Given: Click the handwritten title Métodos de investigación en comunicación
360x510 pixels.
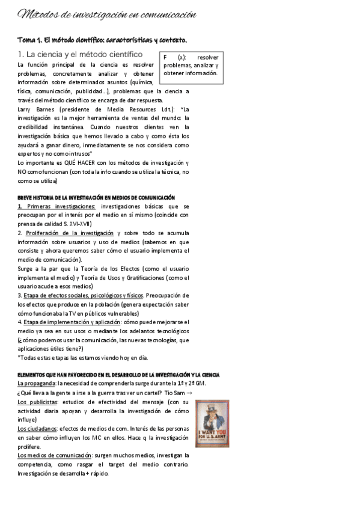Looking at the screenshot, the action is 107,14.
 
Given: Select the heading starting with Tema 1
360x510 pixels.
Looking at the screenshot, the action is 102,40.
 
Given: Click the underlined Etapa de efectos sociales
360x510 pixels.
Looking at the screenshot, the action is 84,295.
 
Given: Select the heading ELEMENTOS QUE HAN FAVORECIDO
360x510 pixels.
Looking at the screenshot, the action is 119,375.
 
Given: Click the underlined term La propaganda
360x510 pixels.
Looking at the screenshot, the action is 36,384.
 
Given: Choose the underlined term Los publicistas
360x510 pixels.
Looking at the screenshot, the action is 38,402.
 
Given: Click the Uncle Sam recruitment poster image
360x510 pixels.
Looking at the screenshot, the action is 212,423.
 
